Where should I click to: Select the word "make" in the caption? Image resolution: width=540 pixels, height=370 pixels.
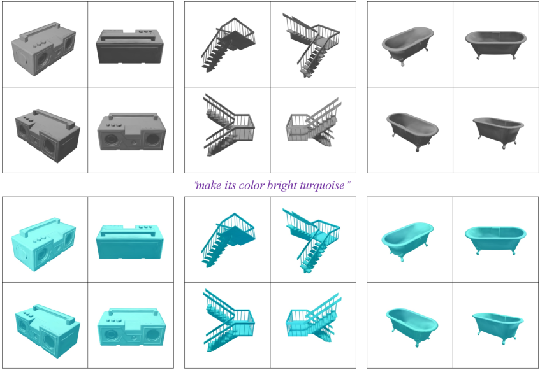pos(207,185)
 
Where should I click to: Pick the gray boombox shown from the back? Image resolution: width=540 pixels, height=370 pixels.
pos(130,46)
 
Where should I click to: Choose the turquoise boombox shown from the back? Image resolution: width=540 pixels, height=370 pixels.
pos(130,242)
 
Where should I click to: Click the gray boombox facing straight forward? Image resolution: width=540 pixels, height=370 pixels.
pos(131,132)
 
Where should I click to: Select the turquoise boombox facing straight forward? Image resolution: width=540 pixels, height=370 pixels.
pos(131,327)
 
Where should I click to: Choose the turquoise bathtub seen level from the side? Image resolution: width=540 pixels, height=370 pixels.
pos(495,240)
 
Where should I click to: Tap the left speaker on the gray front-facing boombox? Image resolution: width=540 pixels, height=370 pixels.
pos(111,140)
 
